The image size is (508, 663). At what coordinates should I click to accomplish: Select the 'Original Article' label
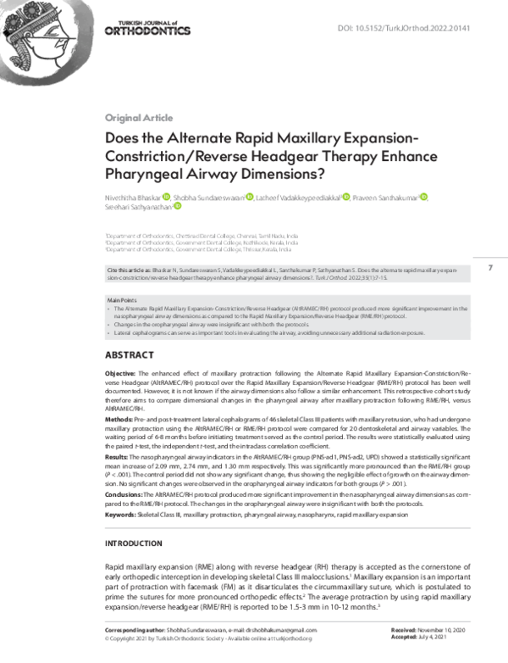point(135,118)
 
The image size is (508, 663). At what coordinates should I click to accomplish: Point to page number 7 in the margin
point(490,268)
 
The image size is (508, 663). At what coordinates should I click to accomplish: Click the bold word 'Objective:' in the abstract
point(119,373)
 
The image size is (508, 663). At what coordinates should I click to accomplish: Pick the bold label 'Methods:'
point(118,419)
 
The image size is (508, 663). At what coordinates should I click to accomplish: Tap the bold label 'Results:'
point(117,457)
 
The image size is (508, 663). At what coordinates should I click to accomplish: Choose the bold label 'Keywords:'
point(121,515)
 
